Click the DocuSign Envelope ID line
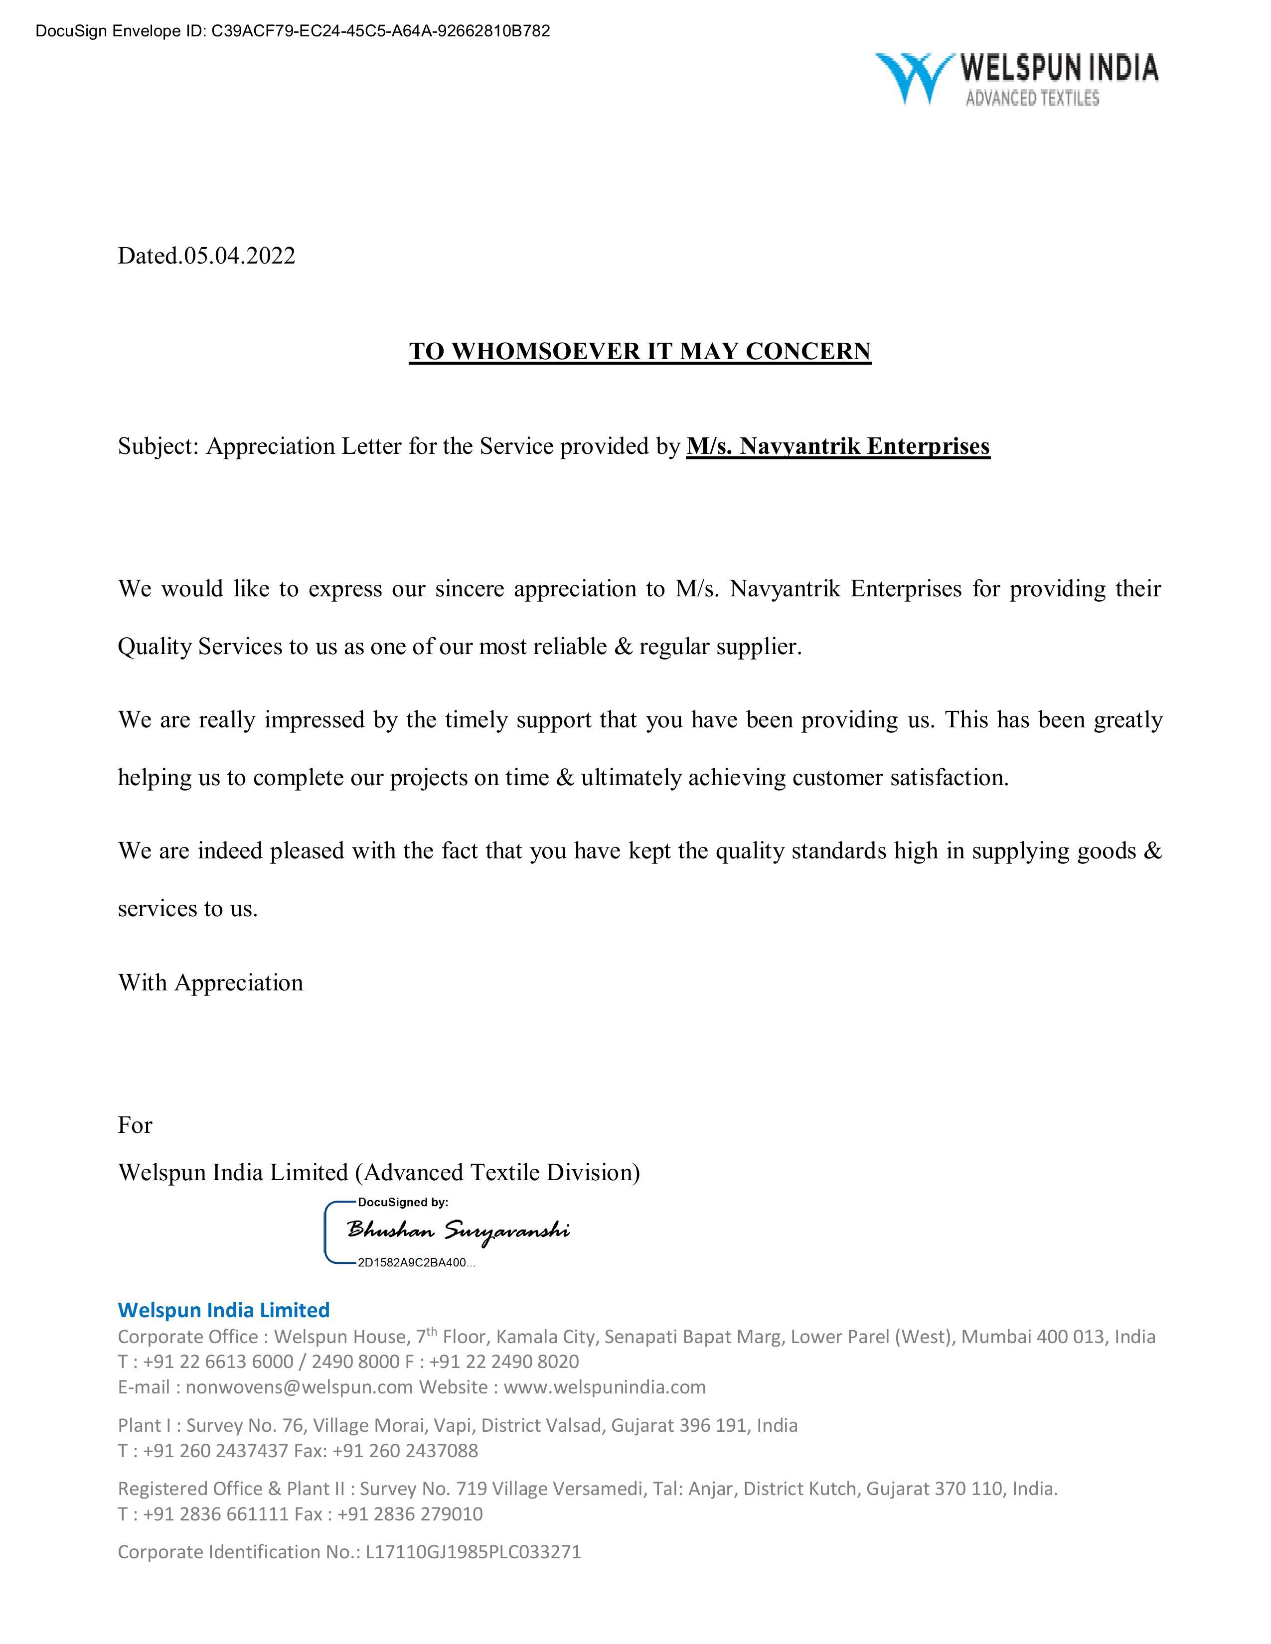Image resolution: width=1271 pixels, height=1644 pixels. pyautogui.click(x=293, y=31)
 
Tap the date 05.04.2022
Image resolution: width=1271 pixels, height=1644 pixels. pyautogui.click(x=239, y=256)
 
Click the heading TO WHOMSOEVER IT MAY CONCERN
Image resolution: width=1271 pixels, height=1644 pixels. pyautogui.click(x=639, y=352)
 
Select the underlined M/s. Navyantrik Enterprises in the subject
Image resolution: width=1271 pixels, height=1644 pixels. pyautogui.click(x=837, y=446)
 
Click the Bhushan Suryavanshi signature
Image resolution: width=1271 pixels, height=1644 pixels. pyautogui.click(x=458, y=1231)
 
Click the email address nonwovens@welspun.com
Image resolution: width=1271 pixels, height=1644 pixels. pyautogui.click(x=299, y=1386)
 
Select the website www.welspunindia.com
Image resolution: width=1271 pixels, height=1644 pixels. pyautogui.click(x=605, y=1386)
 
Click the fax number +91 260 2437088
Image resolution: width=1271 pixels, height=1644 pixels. pyautogui.click(x=405, y=1450)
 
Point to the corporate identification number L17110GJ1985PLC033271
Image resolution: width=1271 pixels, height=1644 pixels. pyautogui.click(x=473, y=1551)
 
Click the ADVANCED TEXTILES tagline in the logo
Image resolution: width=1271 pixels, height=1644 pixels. pyautogui.click(x=1032, y=98)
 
